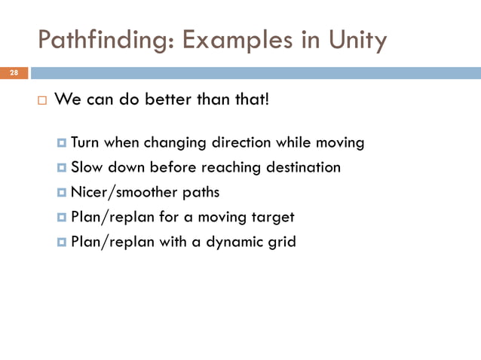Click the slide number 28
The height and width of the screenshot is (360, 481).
(14, 72)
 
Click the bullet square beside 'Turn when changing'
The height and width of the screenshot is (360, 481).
(62, 142)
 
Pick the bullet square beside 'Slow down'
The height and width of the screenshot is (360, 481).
(62, 167)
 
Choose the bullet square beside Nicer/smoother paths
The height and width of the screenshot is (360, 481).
(62, 193)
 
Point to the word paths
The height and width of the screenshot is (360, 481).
(201, 192)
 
